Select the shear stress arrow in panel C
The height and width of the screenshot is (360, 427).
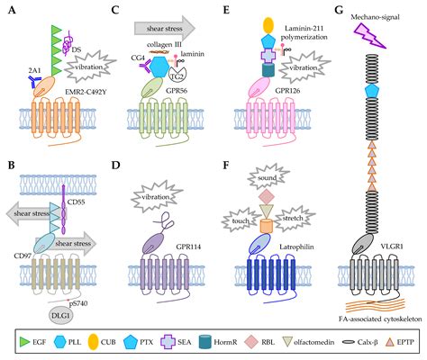point(173,25)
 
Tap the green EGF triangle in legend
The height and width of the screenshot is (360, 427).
point(14,343)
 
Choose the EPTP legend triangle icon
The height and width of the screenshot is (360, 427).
point(387,343)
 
